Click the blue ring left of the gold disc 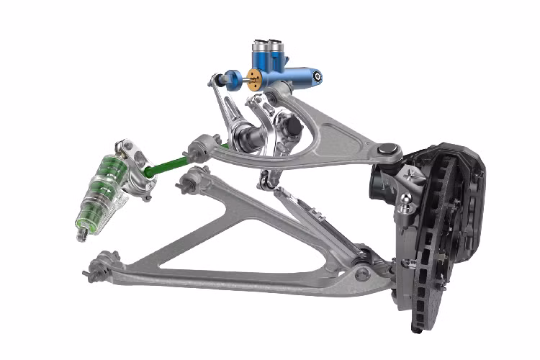(234, 76)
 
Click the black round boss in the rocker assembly (291, 129)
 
